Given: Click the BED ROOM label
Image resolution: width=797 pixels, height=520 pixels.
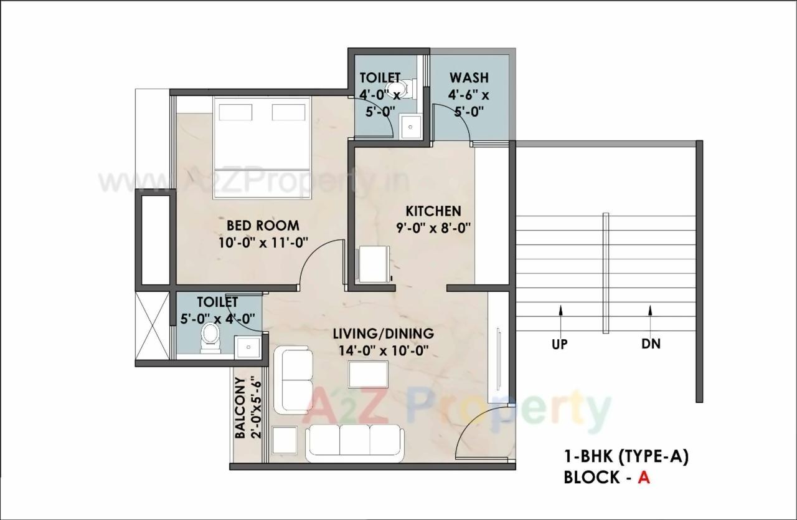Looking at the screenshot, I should pyautogui.click(x=263, y=225).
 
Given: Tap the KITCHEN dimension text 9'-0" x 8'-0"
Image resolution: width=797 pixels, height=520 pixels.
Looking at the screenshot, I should pyautogui.click(x=433, y=228).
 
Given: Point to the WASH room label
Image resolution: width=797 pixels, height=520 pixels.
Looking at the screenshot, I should pyautogui.click(x=469, y=78).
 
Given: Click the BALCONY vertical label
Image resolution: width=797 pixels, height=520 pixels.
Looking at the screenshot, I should pyautogui.click(x=240, y=408).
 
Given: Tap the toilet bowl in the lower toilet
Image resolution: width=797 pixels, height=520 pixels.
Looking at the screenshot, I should pyautogui.click(x=210, y=340).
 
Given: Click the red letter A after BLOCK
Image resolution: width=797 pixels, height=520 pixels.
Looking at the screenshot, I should pyautogui.click(x=644, y=477).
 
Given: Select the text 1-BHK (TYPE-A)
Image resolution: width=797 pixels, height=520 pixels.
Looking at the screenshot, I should pyautogui.click(x=626, y=457).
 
